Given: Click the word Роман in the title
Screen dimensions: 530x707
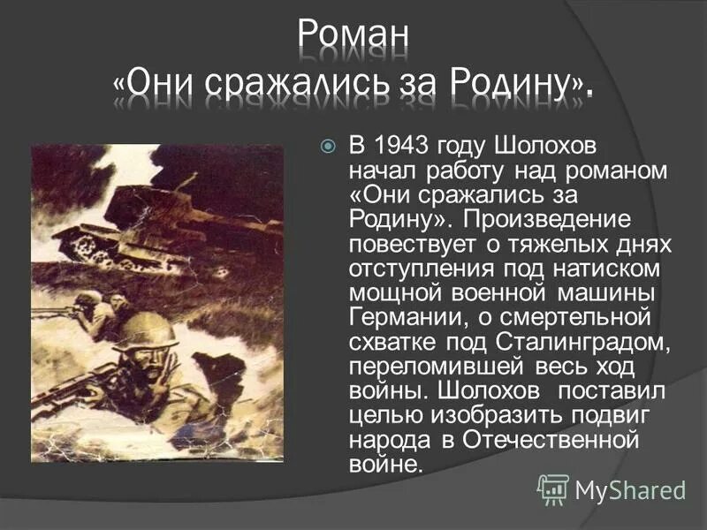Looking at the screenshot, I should click(x=353, y=37).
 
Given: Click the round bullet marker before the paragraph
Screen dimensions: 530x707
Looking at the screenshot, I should click(x=328, y=145).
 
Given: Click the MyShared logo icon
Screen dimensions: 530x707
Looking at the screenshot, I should click(x=553, y=488).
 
